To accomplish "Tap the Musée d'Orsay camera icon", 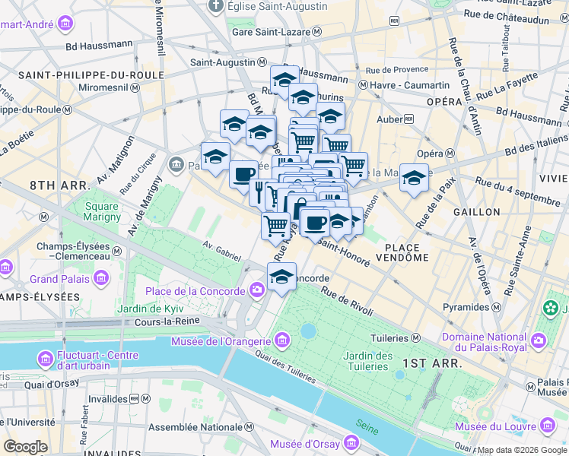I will pyautogui.click(x=351, y=442).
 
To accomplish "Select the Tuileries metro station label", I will pyautogui.click(x=389, y=337).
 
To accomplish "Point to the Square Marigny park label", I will pyautogui.click(x=102, y=211).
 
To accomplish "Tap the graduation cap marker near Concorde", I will pyautogui.click(x=281, y=277).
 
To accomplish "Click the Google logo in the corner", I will pyautogui.click(x=25, y=447).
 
